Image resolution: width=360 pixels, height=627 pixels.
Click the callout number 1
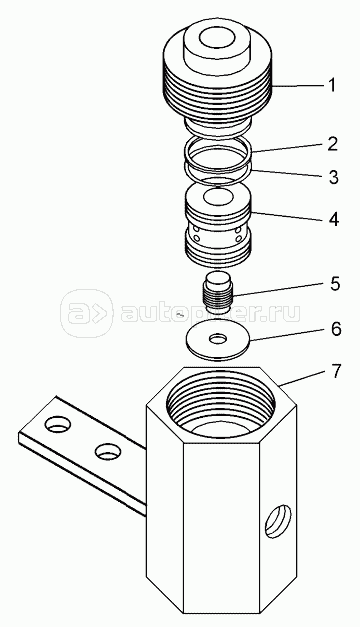coord(332,85)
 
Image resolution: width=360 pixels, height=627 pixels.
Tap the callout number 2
coord(332,144)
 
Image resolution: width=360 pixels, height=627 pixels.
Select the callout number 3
coord(333,177)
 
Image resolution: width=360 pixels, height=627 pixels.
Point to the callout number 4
coord(334,219)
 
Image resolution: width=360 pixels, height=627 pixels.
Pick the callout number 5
coord(335,284)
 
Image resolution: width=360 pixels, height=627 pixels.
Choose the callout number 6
coord(336,329)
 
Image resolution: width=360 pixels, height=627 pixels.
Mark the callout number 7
coord(336,371)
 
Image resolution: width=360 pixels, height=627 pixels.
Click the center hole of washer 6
coord(218,339)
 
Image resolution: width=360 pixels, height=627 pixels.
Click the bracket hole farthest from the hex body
coord(58,424)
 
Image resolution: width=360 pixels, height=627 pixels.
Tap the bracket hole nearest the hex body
coord(108,451)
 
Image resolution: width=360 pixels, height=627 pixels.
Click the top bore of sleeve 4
coord(218,197)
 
